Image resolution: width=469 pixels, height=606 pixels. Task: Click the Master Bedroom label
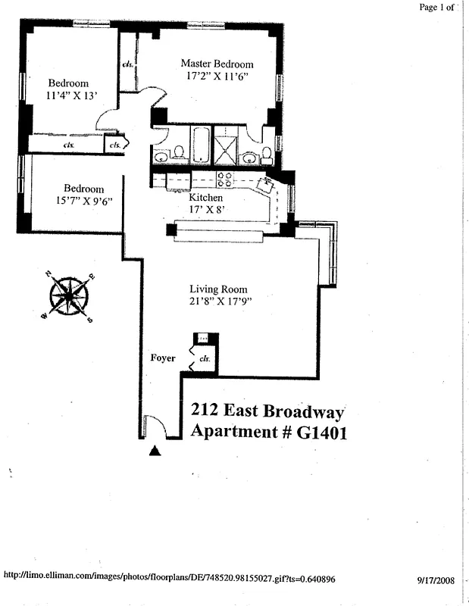(x=217, y=64)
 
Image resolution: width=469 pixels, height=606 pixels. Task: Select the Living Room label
(x=218, y=289)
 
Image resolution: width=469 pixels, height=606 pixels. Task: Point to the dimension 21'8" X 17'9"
(x=220, y=301)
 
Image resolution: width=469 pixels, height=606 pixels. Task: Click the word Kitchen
(x=206, y=198)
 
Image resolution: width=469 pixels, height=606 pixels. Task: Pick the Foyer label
(x=163, y=358)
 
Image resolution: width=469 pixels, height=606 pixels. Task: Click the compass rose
(x=69, y=296)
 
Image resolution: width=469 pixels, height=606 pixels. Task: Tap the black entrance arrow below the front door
(x=155, y=451)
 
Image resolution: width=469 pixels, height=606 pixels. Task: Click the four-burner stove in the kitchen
(x=224, y=180)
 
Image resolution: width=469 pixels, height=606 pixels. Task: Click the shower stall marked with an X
(x=225, y=145)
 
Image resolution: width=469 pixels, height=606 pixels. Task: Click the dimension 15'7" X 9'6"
(x=83, y=202)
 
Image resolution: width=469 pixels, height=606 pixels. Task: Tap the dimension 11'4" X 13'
(x=68, y=96)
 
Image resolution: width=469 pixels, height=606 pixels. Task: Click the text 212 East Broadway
(x=267, y=411)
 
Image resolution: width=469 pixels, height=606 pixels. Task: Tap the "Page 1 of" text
(x=437, y=8)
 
